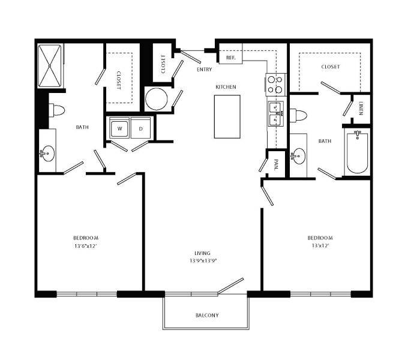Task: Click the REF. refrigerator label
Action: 231,58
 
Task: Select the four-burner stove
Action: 275,85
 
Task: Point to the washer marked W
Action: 120,128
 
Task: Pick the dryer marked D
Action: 141,128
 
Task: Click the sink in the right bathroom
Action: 298,157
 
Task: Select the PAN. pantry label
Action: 277,164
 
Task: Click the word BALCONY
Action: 207,315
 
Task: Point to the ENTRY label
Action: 204,70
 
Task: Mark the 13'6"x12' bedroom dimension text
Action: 86,246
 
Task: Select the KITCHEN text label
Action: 226,87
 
